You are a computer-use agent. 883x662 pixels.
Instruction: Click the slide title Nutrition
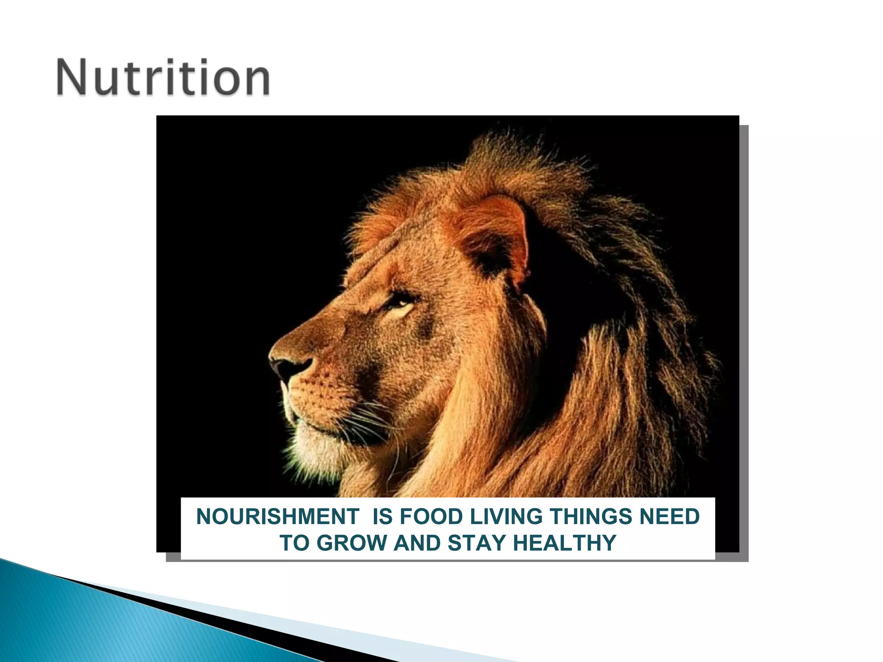click(163, 78)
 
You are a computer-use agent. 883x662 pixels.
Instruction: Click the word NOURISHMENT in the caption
click(277, 516)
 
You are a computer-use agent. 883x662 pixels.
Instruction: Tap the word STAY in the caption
click(476, 543)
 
